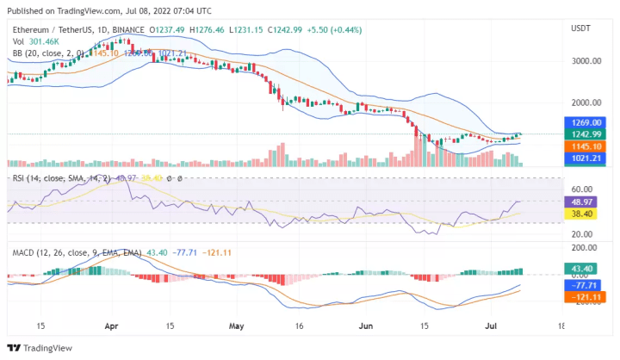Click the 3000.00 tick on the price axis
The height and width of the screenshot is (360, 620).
[x=585, y=61]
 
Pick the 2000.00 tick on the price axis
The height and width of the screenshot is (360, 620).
[x=585, y=102]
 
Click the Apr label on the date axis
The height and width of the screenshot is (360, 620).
[x=111, y=327]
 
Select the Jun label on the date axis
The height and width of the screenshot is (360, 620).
[x=366, y=327]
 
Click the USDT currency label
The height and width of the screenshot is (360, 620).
[x=580, y=28]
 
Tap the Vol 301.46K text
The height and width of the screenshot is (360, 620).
[x=35, y=40]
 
